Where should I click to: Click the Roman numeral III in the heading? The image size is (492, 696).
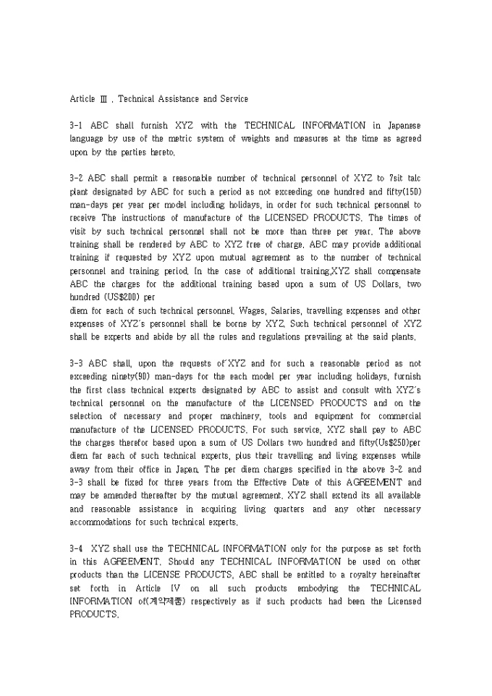point(107,99)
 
